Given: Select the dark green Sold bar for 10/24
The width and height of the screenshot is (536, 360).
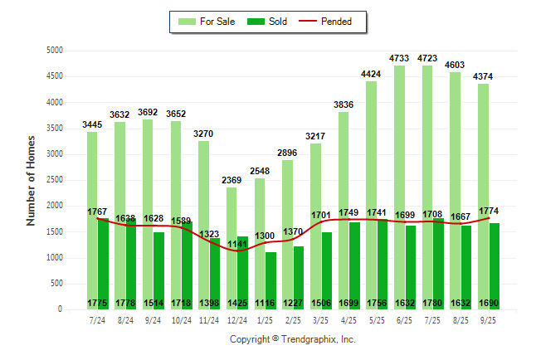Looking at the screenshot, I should coord(187,265).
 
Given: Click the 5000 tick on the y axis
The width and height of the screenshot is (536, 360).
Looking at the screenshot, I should coord(55,51).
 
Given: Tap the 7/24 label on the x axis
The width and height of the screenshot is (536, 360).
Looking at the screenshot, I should coord(97,319).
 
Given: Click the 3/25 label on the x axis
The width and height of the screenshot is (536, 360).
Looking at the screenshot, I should coord(321,319).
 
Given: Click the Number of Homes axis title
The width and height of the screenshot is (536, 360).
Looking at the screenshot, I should coord(31,180).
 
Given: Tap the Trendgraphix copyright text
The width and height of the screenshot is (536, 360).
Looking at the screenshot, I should coord(292,339).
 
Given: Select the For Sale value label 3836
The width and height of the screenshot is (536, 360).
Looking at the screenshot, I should coord(344,105).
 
